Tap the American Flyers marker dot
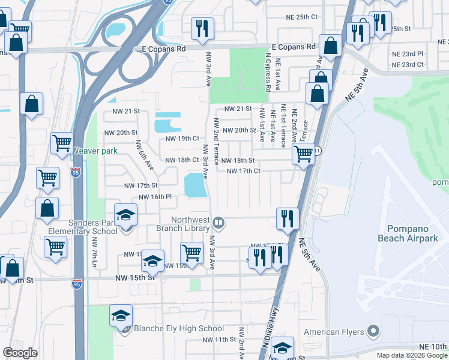click(373, 331)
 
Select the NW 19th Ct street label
click(182, 139)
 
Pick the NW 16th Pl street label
click(155, 197)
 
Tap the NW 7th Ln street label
click(95, 252)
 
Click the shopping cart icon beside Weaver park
click(62, 143)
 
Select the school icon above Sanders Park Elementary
click(126, 215)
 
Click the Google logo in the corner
click(19, 353)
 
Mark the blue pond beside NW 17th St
click(195, 185)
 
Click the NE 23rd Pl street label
click(412, 53)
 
